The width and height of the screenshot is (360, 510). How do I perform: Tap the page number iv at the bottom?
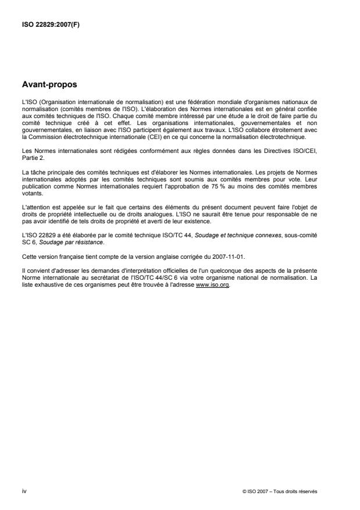pos(23,491)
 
